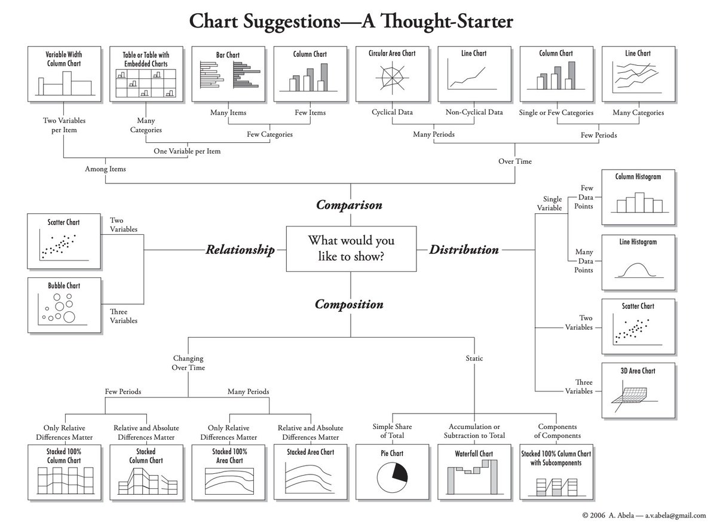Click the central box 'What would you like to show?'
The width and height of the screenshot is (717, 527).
tap(351, 249)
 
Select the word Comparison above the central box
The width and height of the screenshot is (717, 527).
tap(349, 206)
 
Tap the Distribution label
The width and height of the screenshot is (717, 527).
tap(464, 250)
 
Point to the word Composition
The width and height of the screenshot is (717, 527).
tap(349, 305)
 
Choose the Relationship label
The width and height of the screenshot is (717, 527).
tap(240, 250)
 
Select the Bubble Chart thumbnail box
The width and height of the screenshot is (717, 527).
tap(64, 305)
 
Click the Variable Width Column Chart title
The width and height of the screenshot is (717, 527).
tap(64, 58)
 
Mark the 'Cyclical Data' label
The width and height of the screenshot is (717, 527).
tap(392, 112)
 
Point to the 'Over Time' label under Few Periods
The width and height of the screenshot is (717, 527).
tap(514, 161)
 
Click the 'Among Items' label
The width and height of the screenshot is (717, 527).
tap(105, 169)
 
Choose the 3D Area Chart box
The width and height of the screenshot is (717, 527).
tap(638, 390)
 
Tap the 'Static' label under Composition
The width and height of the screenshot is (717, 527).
tap(474, 359)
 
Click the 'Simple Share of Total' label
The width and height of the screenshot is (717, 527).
tap(392, 431)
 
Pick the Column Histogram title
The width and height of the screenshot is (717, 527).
tap(638, 177)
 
